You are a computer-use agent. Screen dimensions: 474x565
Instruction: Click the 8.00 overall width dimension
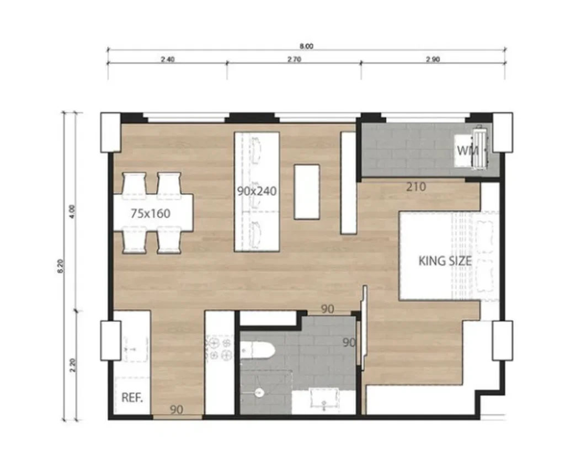coord(307,46)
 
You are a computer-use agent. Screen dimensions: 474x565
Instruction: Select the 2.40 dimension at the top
coord(168,60)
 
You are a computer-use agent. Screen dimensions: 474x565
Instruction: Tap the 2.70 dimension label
coord(294,60)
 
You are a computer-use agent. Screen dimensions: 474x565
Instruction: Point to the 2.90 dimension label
coord(433,60)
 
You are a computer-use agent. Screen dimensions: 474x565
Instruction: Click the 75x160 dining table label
coord(151,213)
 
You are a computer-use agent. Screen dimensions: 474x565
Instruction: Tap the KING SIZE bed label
coord(445,260)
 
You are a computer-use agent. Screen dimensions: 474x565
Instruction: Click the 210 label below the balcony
coord(415,187)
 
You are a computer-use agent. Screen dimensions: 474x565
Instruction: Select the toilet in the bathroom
coord(257,350)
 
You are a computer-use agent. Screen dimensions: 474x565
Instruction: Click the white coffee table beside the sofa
coord(307,191)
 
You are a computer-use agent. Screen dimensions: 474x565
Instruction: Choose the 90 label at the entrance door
coord(177,409)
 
